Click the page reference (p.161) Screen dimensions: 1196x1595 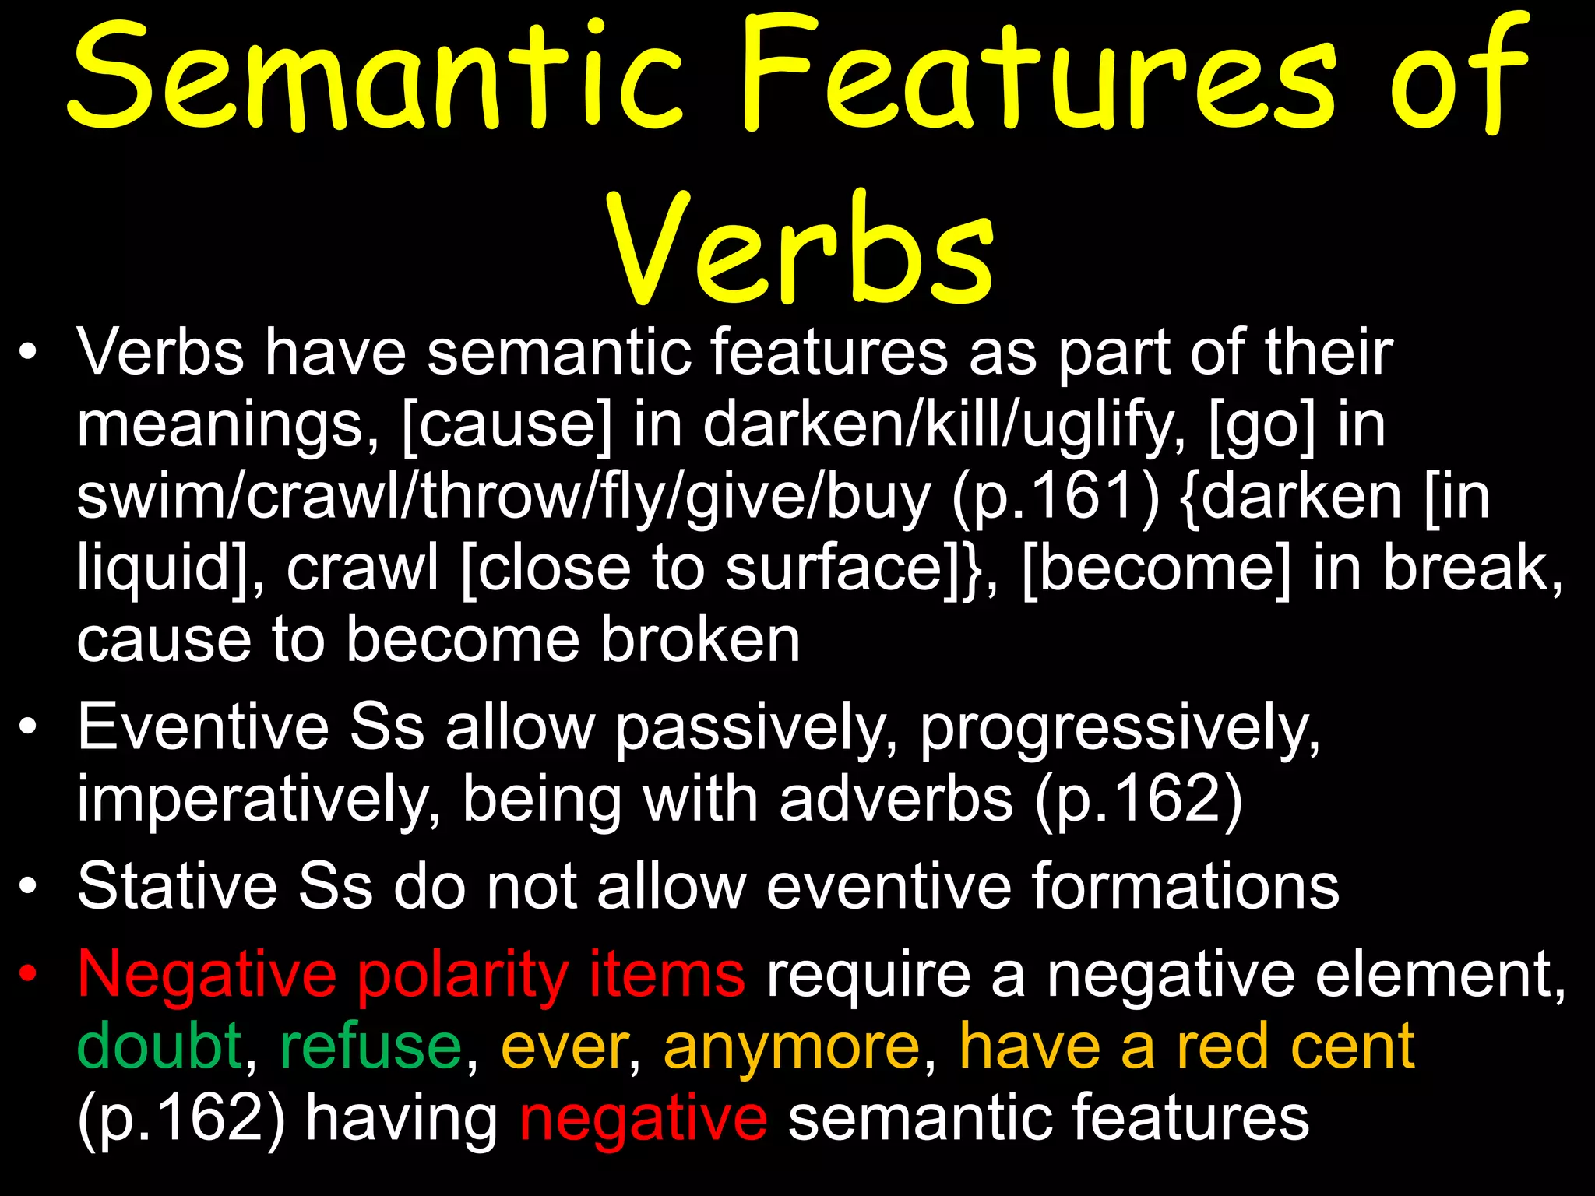point(1056,497)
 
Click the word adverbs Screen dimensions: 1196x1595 point(896,799)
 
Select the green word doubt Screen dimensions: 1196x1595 point(160,1046)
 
